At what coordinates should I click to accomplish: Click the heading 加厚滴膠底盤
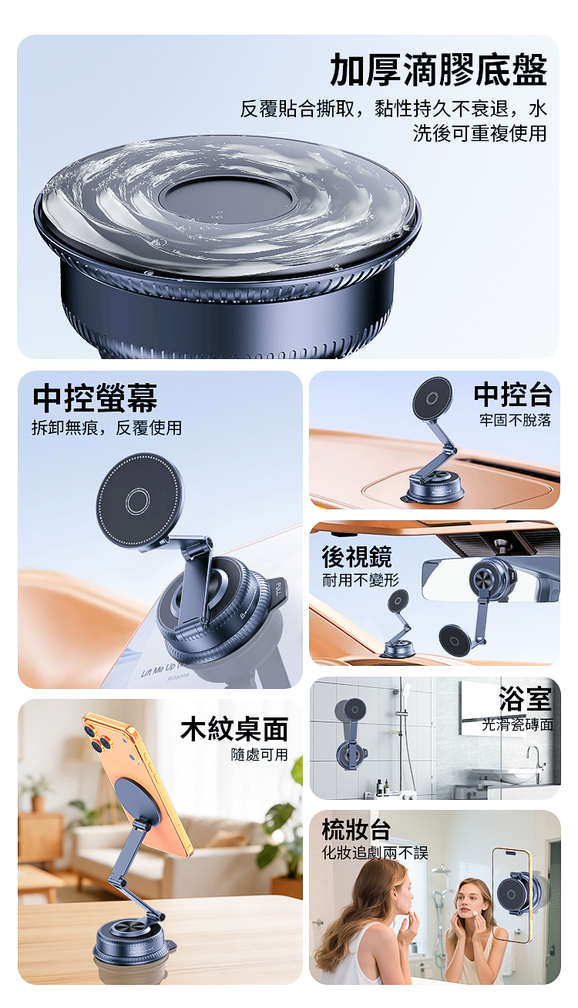pos(439,69)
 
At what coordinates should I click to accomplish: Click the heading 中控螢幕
pos(95,398)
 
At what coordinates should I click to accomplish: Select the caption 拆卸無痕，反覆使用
pos(106,428)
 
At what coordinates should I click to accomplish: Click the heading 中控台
pos(512,395)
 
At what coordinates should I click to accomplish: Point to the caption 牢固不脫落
pos(515,420)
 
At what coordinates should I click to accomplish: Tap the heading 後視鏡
pos(357,556)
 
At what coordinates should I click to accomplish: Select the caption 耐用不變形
pos(361,580)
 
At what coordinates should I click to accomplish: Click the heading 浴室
pos(526,699)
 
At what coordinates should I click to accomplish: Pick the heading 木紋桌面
pos(234,729)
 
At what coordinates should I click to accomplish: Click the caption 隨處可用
pos(259,754)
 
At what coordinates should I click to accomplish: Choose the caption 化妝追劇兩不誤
pos(375,853)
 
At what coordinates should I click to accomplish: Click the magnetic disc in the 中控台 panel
pos(432,398)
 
